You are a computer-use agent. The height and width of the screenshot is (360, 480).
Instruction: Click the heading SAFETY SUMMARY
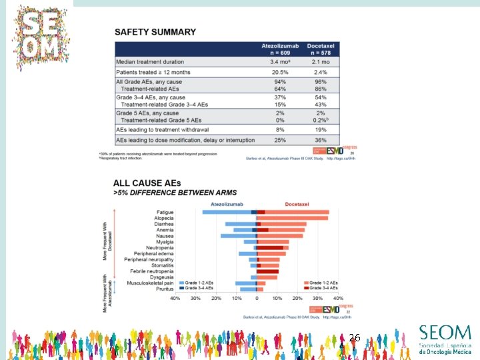155,31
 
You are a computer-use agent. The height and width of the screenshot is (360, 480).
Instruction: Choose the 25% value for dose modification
281,140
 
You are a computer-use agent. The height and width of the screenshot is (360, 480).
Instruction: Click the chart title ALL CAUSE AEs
147,183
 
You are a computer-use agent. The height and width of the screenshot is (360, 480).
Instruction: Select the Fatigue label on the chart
165,212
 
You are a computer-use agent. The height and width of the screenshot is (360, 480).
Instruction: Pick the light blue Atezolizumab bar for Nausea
237,235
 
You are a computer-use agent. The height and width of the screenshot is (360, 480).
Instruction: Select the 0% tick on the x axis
257,298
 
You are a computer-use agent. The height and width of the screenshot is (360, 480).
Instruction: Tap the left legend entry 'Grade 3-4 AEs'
199,288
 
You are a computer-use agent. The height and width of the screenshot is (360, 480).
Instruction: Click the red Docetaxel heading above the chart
298,203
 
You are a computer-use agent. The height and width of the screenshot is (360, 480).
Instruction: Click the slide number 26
354,339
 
